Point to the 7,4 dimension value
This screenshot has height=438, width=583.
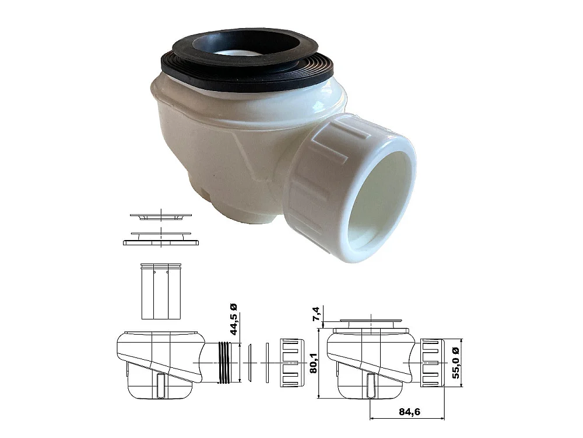point(316,315)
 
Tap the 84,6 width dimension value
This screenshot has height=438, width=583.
point(408,412)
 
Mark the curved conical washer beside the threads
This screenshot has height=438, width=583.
point(248,362)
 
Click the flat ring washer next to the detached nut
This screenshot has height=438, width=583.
point(266,362)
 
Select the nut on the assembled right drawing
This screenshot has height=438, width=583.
point(432,362)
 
